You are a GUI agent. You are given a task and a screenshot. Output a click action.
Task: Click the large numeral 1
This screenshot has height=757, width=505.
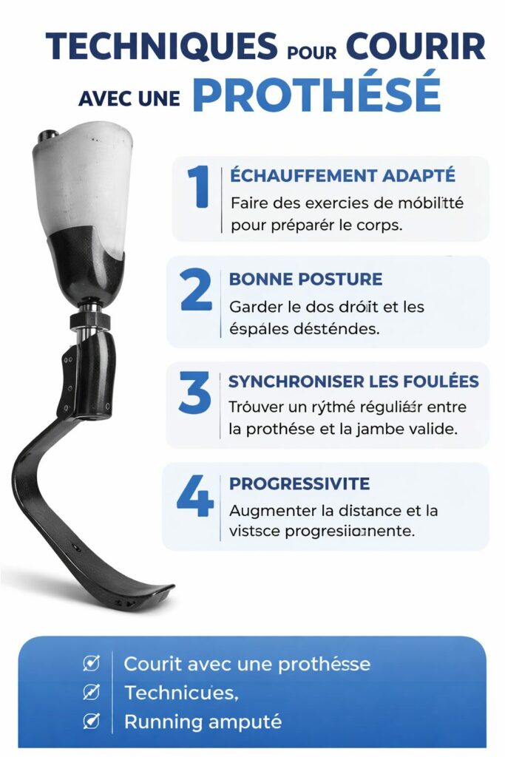click(x=198, y=186)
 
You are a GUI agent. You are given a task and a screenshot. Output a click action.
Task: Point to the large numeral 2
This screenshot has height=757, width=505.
click(x=196, y=291)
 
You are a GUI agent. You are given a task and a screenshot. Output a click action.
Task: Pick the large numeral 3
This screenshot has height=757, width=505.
click(x=195, y=393)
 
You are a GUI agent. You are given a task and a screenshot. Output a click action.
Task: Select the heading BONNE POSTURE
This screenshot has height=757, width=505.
click(x=305, y=279)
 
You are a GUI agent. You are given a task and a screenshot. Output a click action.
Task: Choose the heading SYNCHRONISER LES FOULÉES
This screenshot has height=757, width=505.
click(x=353, y=381)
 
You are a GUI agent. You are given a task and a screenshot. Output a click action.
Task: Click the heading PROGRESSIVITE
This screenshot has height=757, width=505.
click(x=299, y=483)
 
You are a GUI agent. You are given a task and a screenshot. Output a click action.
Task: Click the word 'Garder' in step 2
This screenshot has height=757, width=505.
click(x=254, y=306)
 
